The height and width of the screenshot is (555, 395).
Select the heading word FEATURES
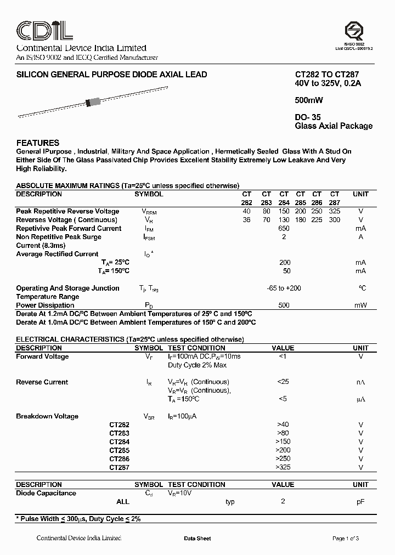tap(38, 143)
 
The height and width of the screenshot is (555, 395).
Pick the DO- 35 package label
tap(308, 117)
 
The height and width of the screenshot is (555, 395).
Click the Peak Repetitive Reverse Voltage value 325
tap(334, 211)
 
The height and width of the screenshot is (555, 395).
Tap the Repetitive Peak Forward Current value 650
tap(284, 228)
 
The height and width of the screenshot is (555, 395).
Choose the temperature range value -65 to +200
tap(283, 288)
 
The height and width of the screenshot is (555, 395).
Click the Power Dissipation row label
tap(46, 305)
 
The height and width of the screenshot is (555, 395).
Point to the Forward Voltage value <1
tap(283, 356)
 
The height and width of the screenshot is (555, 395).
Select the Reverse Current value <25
tap(283, 382)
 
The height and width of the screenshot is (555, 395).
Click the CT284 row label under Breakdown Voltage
tap(119, 441)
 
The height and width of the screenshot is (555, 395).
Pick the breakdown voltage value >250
tap(283, 458)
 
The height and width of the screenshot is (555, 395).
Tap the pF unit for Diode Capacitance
tap(360, 501)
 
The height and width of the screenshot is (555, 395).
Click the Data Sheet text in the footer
tap(198, 539)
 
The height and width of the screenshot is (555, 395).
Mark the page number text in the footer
tap(346, 539)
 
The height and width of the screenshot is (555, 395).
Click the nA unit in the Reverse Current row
tap(360, 382)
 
